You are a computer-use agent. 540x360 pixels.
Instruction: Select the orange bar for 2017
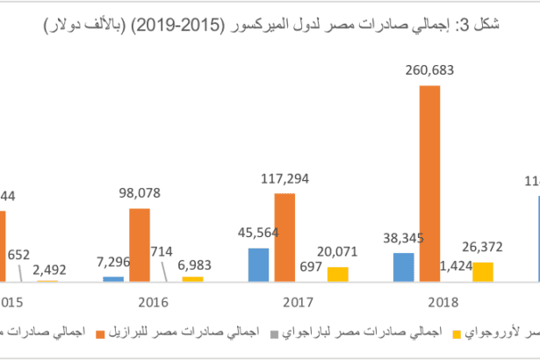coord(284,237)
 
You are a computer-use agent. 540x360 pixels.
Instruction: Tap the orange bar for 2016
coord(140,245)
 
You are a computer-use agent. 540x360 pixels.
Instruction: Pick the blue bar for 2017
coord(258,264)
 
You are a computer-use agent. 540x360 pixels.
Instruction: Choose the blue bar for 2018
coord(403,267)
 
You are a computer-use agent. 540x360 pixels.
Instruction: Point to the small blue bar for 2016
coord(113,278)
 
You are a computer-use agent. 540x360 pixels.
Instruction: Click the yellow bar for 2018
coord(482,271)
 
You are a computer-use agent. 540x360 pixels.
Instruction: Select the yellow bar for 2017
coord(338,274)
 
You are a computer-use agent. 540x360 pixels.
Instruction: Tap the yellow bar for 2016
coord(193,278)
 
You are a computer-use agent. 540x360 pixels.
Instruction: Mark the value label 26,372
coord(483,248)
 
